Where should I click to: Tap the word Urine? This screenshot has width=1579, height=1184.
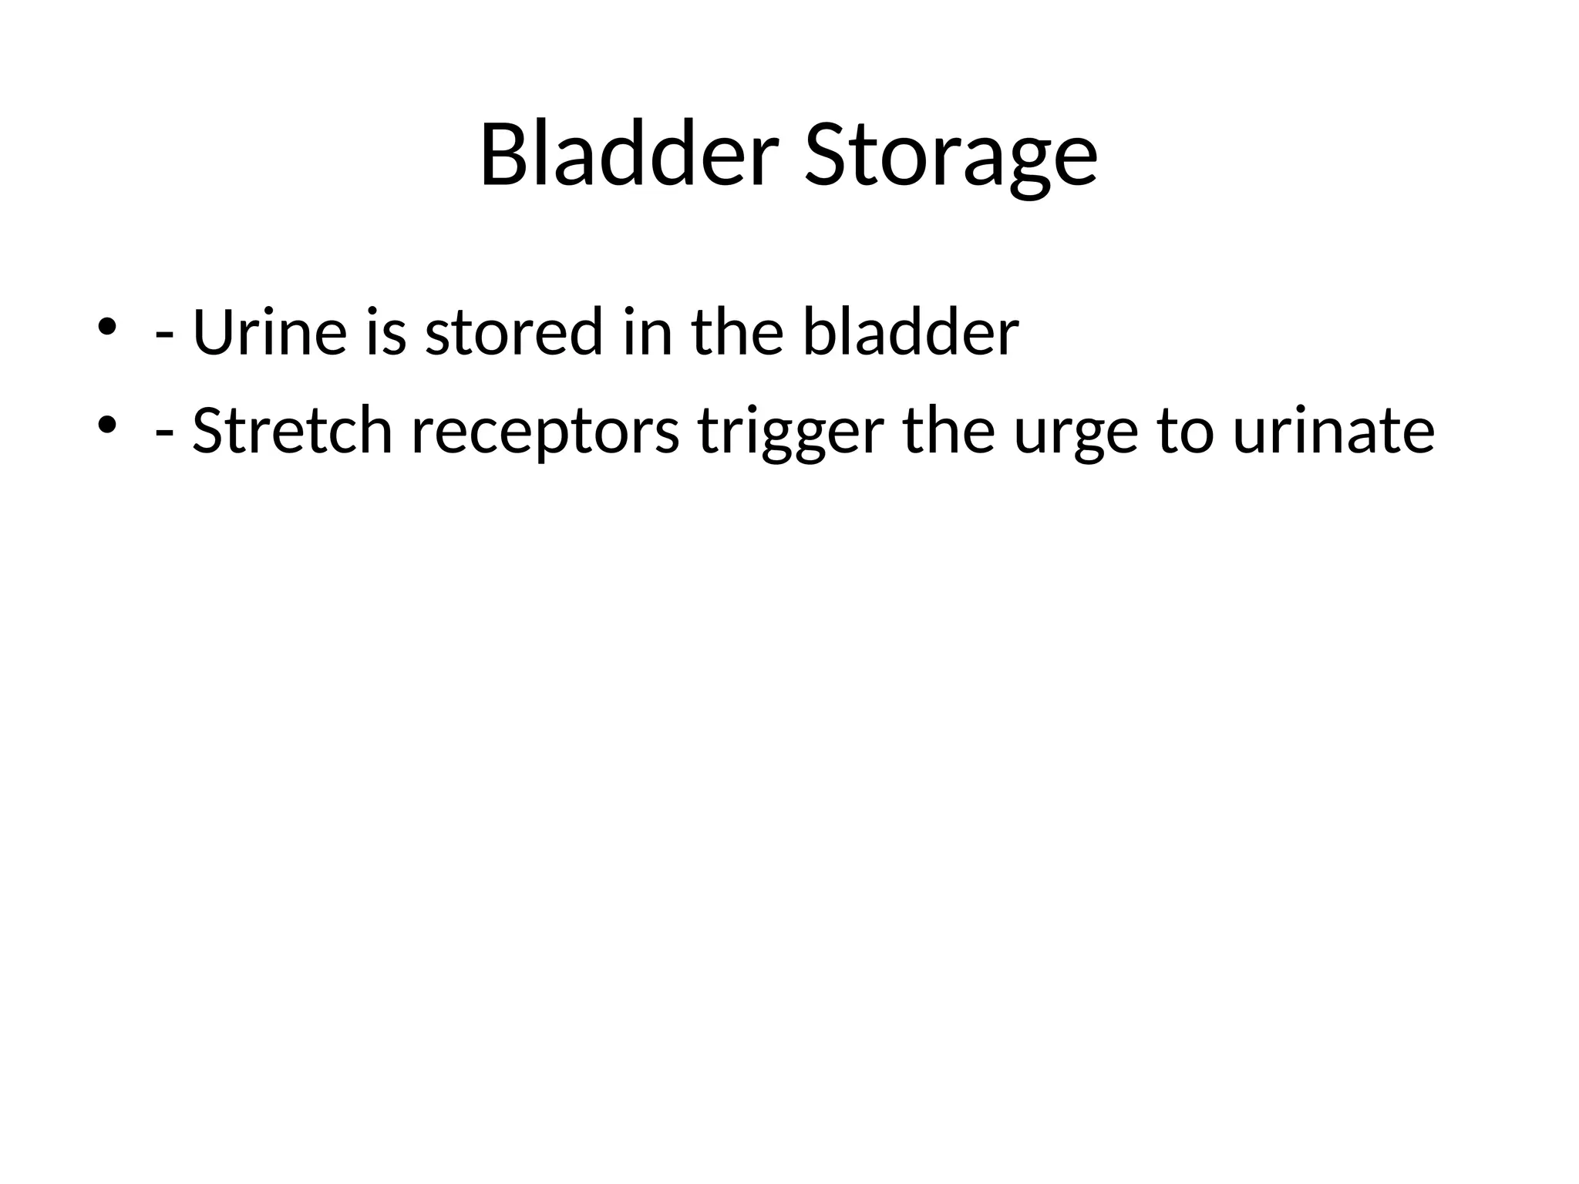tap(270, 333)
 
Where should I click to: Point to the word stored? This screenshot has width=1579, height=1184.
tap(513, 333)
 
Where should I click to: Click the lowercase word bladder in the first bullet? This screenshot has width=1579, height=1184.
tap(911, 333)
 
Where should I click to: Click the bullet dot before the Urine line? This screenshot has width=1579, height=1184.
tap(106, 327)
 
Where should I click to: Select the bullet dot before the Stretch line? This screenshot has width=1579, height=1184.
tap(106, 424)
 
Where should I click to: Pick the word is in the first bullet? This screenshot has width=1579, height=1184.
tap(385, 333)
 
